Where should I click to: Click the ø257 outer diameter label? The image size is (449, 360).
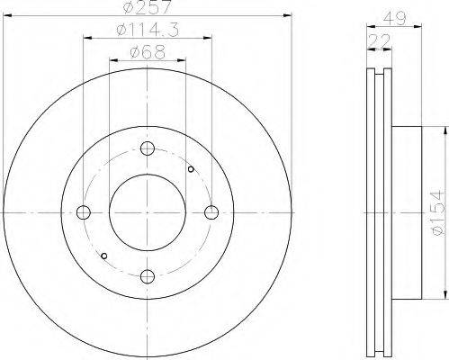(148, 6)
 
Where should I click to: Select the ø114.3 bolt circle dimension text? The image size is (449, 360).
(148, 30)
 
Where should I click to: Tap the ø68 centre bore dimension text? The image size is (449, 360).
(148, 52)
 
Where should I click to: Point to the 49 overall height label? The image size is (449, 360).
(395, 19)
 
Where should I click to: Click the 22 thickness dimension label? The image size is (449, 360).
(380, 41)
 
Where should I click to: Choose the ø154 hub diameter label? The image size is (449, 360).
(437, 212)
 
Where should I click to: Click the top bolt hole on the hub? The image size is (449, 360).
(148, 148)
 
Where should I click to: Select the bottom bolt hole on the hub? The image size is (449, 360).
(148, 276)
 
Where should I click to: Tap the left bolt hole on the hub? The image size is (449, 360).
(84, 212)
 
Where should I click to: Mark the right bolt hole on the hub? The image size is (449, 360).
(211, 212)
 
